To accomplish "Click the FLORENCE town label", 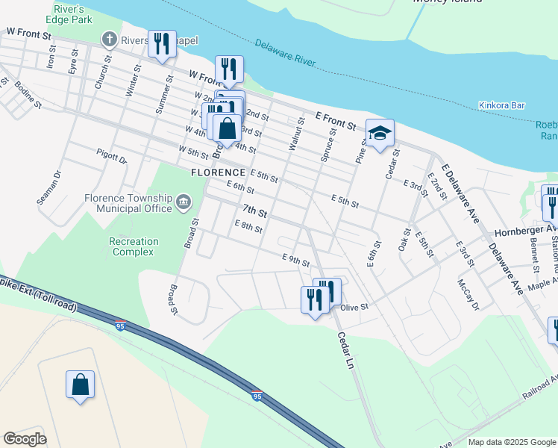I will pyautogui.click(x=218, y=172).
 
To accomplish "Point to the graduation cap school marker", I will pyautogui.click(x=380, y=134).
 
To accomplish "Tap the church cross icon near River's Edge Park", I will pyautogui.click(x=110, y=39).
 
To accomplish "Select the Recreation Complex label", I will pyautogui.click(x=134, y=246).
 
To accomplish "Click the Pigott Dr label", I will pyautogui.click(x=112, y=155).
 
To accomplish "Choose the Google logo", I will pyautogui.click(x=25, y=439).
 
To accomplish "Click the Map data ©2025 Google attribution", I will pyautogui.click(x=511, y=442).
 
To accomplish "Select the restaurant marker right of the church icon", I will pyautogui.click(x=161, y=43).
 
